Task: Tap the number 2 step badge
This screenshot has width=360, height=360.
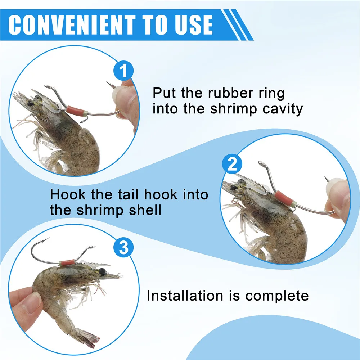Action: coord(232,164)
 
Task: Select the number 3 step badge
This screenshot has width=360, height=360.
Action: coord(124,248)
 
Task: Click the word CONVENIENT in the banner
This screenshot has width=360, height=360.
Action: coord(72,25)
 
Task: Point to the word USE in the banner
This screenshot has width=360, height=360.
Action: coord(194,25)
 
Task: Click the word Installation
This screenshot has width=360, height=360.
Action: coord(185,296)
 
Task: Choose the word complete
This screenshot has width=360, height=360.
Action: coord(277,296)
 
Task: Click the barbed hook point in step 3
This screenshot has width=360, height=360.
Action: coord(46,240)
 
